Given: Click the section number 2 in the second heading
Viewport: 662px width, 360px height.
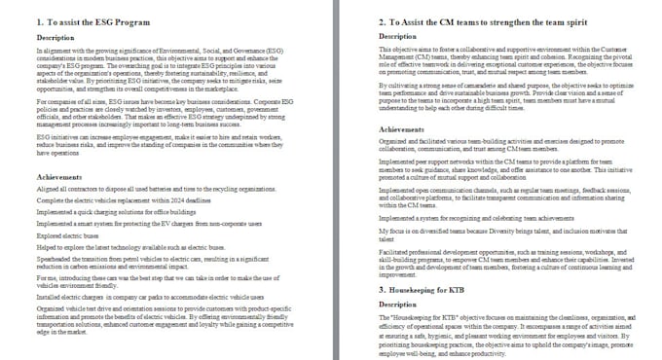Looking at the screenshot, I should (x=382, y=21).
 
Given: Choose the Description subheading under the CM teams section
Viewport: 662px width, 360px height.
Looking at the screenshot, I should (x=397, y=36).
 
